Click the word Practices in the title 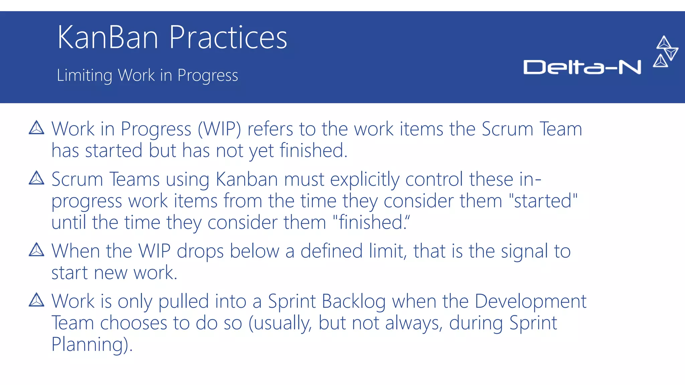228,37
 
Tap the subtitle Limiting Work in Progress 147,75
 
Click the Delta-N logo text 582,67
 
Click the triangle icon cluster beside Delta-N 666,52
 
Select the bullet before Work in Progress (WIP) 36,128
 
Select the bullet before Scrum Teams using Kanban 36,178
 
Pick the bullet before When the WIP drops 36,250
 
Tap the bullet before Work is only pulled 36,300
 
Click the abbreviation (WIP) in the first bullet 219,129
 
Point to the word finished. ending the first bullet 313,150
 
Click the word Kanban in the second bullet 247,179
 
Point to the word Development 530,302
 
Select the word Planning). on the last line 92,345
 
